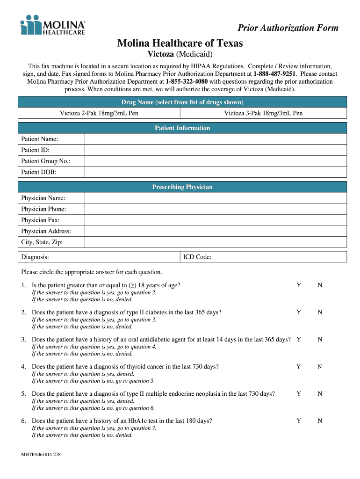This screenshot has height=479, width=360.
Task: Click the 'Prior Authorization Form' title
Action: click(x=288, y=28)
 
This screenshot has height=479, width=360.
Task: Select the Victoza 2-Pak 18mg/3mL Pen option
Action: click(x=99, y=113)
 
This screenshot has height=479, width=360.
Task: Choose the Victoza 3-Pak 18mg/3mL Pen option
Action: click(x=263, y=113)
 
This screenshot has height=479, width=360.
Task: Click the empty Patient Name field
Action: click(x=215, y=139)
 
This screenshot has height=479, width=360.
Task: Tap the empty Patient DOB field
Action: click(x=215, y=172)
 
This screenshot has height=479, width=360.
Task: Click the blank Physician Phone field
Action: click(x=215, y=209)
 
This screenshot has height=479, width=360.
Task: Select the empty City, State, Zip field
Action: click(x=215, y=242)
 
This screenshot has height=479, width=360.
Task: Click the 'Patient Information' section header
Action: click(x=182, y=128)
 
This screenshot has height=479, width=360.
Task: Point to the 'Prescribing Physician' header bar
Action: click(x=182, y=187)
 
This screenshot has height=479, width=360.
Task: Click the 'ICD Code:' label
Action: click(x=197, y=257)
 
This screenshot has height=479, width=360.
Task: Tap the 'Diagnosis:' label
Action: click(x=35, y=257)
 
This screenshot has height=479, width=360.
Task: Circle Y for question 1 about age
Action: click(x=299, y=285)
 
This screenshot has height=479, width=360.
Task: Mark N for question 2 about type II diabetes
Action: click(x=320, y=312)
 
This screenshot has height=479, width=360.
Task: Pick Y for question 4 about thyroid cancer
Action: click(x=299, y=367)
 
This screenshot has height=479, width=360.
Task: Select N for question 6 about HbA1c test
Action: click(x=320, y=421)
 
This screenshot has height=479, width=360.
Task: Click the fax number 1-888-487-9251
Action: click(x=274, y=74)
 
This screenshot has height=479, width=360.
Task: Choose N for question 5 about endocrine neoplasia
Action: click(x=320, y=394)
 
